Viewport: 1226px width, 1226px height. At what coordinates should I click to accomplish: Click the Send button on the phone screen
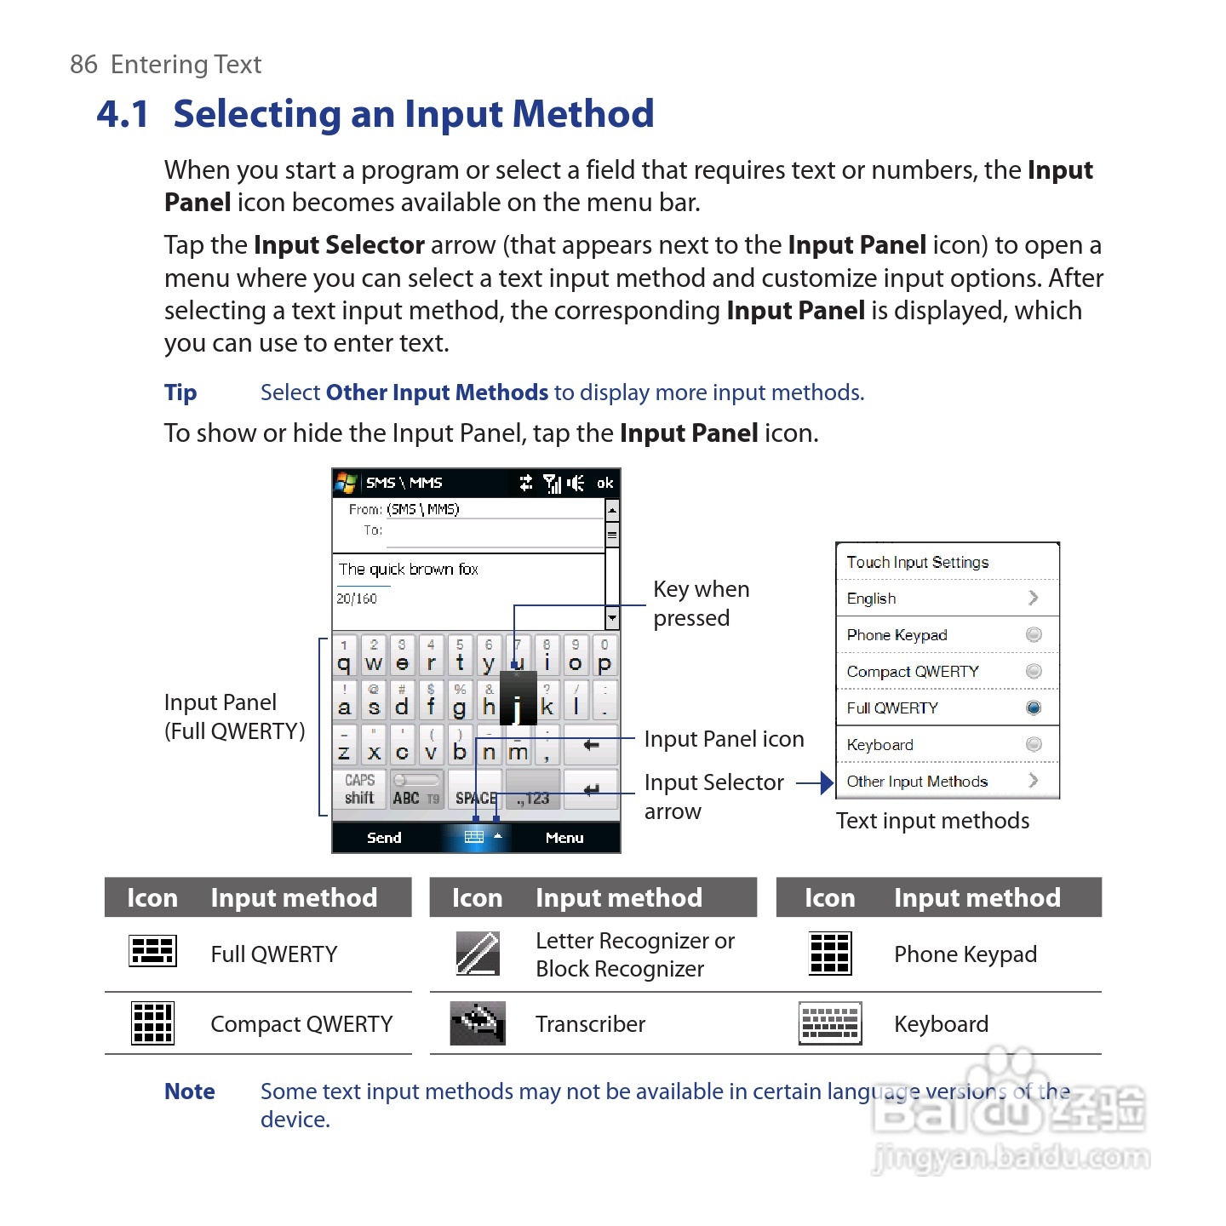(x=384, y=838)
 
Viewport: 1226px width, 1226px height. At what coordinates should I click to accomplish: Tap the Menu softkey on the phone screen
(x=564, y=838)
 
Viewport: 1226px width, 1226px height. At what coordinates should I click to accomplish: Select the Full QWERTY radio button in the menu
(x=1034, y=708)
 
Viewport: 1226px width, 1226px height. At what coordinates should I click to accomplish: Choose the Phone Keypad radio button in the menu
(x=1034, y=634)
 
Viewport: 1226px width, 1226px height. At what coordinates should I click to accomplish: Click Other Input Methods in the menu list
(x=918, y=782)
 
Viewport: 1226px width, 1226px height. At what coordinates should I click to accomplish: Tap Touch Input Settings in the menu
(x=918, y=562)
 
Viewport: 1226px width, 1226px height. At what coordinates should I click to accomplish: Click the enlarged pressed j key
(x=518, y=700)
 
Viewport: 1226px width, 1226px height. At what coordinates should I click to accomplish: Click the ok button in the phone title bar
(x=604, y=483)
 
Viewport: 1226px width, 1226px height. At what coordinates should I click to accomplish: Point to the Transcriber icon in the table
(x=478, y=1023)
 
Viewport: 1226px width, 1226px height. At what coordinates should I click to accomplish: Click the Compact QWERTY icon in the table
(x=152, y=1023)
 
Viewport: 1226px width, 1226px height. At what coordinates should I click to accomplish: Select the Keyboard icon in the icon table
(x=830, y=1023)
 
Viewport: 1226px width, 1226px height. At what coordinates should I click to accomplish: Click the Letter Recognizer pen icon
(x=478, y=953)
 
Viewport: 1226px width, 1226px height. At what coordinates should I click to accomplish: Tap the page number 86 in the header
(x=83, y=65)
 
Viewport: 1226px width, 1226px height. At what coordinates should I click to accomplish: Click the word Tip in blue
(x=180, y=392)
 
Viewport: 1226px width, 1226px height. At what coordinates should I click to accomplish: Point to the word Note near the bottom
(x=190, y=1091)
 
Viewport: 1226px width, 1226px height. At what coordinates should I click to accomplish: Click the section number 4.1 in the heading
(x=123, y=114)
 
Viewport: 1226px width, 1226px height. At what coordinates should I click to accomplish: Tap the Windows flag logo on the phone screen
(x=346, y=483)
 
